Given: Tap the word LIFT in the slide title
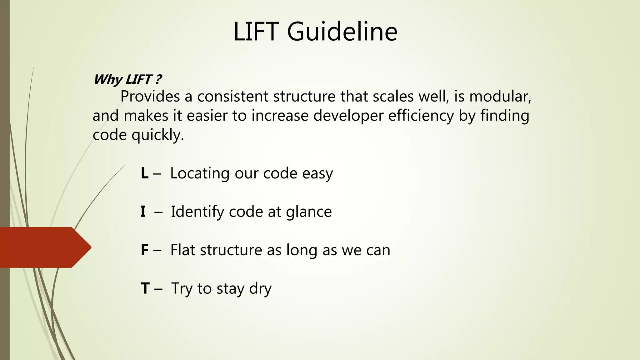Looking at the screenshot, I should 256,32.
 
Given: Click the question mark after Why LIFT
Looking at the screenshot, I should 158,79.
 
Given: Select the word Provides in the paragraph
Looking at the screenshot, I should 150,97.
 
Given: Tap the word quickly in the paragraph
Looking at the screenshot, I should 157,135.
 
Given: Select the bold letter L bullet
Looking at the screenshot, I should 144,173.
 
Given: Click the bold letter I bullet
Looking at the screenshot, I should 143,212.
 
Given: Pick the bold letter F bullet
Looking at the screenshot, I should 144,250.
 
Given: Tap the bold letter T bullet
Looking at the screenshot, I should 145,288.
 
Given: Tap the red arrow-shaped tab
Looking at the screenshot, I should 44,247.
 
